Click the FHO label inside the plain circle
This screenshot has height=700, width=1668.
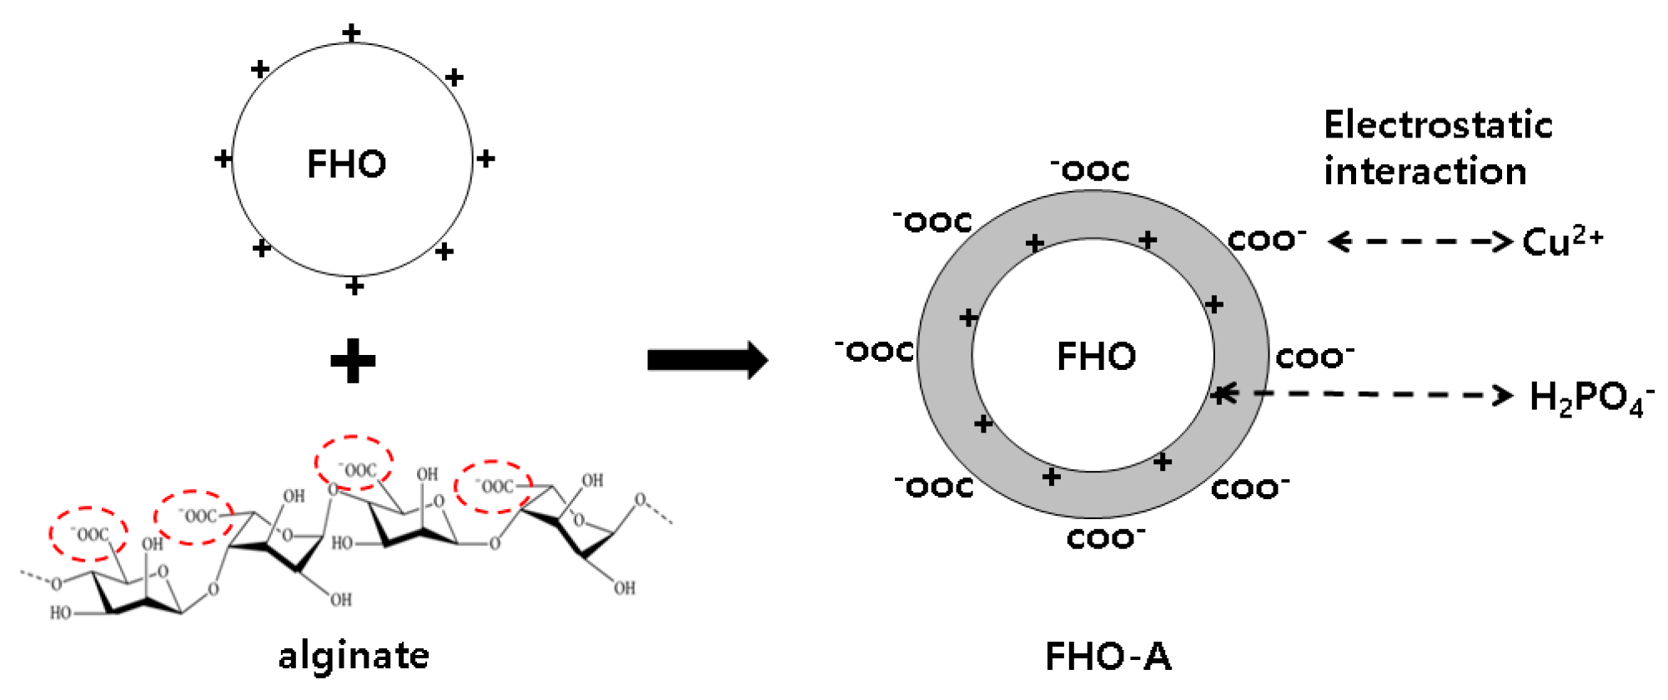click(x=347, y=164)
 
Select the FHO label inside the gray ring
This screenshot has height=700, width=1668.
click(x=1096, y=357)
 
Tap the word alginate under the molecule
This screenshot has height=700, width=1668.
click(x=354, y=656)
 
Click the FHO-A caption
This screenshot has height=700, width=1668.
click(x=1108, y=657)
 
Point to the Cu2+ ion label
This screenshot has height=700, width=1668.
click(x=1562, y=242)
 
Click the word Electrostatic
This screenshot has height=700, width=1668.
click(x=1438, y=125)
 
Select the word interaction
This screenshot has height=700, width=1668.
click(x=1425, y=172)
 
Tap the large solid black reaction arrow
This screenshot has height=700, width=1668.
click(x=707, y=360)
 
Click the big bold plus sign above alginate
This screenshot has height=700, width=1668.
click(x=353, y=361)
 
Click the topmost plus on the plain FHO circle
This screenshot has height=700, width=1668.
click(x=352, y=32)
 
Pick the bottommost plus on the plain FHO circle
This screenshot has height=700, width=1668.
click(x=354, y=287)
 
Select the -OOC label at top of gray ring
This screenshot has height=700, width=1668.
click(x=1090, y=170)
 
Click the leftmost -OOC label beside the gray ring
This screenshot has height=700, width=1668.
click(x=874, y=351)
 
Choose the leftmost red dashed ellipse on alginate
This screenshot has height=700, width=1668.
click(x=88, y=533)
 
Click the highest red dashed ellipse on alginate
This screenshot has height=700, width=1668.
click(x=354, y=463)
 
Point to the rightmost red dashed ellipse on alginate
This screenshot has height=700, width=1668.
click(x=493, y=487)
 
